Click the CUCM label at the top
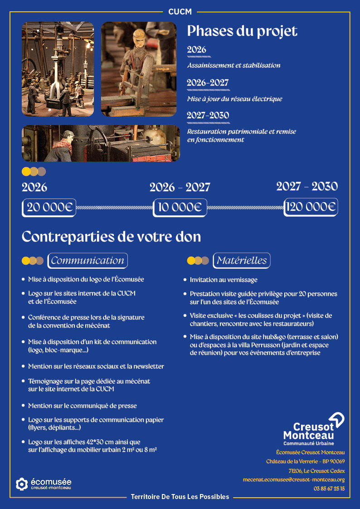(x=180, y=12)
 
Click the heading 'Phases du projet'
(x=242, y=31)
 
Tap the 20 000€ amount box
(x=49, y=207)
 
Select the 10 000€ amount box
(x=180, y=207)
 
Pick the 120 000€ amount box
(x=311, y=207)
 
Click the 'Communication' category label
(x=88, y=261)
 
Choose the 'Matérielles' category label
(x=241, y=261)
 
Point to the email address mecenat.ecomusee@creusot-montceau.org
(x=294, y=480)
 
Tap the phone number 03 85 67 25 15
(x=329, y=489)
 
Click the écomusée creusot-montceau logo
(x=44, y=484)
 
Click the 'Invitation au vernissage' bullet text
(x=224, y=280)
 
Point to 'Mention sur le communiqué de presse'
(x=82, y=406)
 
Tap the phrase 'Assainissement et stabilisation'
(x=234, y=65)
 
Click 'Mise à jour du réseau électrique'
(x=234, y=99)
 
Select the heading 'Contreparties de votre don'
(x=111, y=237)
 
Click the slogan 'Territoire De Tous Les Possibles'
(x=180, y=497)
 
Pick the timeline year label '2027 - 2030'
(x=307, y=186)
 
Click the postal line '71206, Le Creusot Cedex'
(x=316, y=470)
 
